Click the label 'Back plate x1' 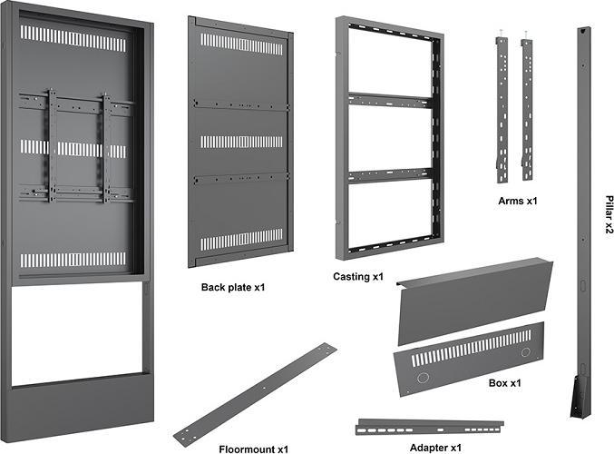(x=232, y=287)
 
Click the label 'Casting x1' (x=359, y=276)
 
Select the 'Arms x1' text (x=518, y=200)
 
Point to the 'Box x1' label (x=504, y=383)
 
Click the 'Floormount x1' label (x=253, y=449)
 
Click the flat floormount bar (x=255, y=393)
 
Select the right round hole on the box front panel (x=525, y=351)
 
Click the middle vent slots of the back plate (x=241, y=142)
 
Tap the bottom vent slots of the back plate (x=241, y=240)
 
